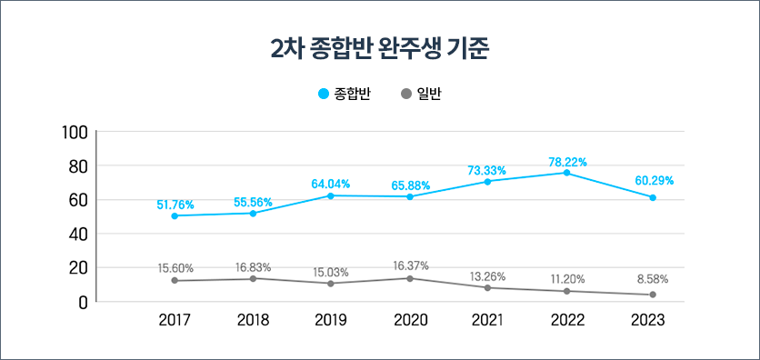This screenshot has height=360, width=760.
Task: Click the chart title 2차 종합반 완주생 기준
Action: [x=380, y=49]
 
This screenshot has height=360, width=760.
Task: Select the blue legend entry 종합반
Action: [x=345, y=95]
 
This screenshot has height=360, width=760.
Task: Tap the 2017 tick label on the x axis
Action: [x=175, y=320]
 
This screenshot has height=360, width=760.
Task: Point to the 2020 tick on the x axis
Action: [x=410, y=320]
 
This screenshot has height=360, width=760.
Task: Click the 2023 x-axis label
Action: [x=648, y=320]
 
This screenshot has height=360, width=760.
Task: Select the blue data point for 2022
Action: [x=566, y=173]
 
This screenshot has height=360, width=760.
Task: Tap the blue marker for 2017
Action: [x=175, y=215]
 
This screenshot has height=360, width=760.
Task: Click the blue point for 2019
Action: [x=331, y=195]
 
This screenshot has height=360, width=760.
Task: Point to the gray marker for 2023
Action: [x=653, y=295]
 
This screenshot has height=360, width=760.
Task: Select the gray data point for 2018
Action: [x=253, y=278]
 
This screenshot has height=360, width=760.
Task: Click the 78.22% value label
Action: [x=567, y=162]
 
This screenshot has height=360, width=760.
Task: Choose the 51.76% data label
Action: [x=175, y=205]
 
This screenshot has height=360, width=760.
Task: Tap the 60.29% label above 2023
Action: [x=654, y=181]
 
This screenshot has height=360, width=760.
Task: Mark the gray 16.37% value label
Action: [x=410, y=265]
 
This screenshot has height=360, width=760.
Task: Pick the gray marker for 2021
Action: [x=488, y=288]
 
